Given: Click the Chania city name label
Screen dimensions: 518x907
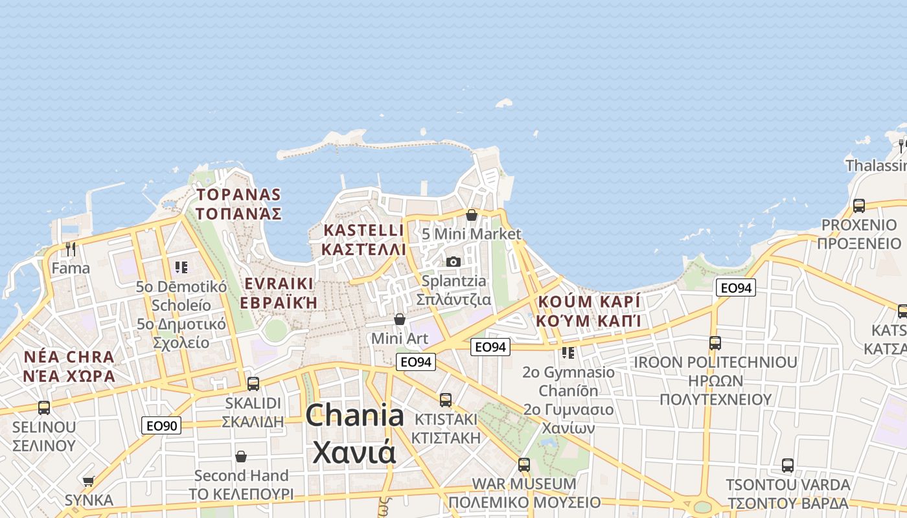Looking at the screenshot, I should [354, 433].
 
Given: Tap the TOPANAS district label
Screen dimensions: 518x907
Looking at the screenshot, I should [239, 204].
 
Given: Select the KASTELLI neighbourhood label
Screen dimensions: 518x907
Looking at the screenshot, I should [363, 240].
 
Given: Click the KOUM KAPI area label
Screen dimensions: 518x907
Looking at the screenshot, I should [588, 311].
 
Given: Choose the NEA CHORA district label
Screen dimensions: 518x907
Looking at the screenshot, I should [69, 366].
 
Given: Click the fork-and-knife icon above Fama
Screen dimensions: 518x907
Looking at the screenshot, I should [71, 249].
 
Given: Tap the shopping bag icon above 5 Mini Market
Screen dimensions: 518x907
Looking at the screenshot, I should [472, 215].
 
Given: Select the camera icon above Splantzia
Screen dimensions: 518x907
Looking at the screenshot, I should [454, 262].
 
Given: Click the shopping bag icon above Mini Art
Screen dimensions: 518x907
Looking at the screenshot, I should [400, 319].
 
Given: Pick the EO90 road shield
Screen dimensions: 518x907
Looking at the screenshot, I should [161, 425].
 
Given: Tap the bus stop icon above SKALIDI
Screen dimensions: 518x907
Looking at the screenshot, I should [253, 383].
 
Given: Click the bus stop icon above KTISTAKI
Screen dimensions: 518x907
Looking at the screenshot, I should [446, 400].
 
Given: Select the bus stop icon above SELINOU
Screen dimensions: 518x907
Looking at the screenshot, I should [44, 408].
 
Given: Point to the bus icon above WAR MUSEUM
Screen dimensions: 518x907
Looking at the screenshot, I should [524, 464].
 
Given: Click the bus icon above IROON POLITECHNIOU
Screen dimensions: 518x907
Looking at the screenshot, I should [715, 343].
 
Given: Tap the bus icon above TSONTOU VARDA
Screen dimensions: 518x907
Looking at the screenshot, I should [788, 465].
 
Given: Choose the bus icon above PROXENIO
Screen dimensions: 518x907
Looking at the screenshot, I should [859, 206].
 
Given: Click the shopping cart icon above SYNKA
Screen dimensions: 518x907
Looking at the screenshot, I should [89, 481].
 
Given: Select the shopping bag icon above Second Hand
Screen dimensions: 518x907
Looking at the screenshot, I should [241, 456].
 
